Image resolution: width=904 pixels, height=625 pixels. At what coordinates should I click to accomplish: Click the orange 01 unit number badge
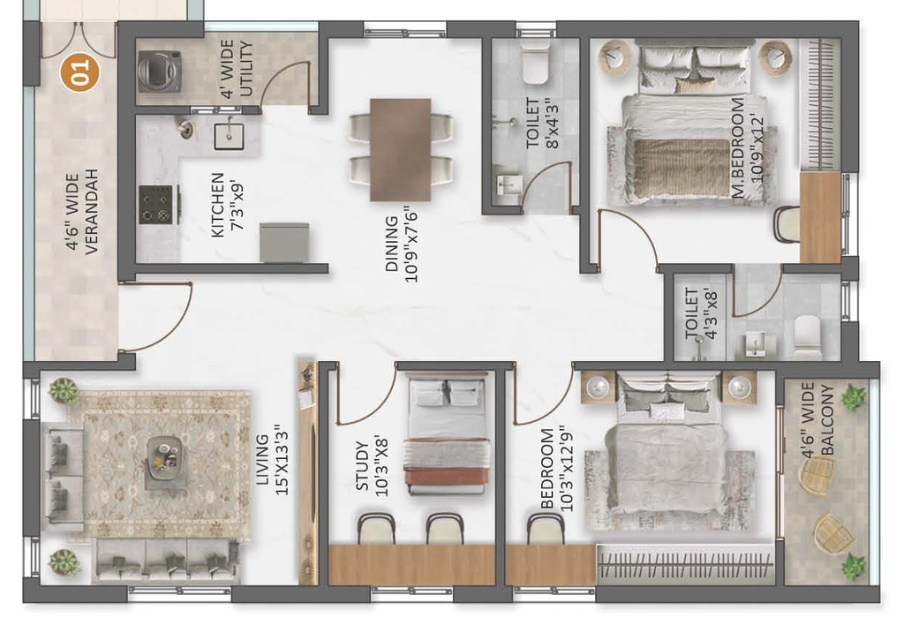pyautogui.click(x=80, y=72)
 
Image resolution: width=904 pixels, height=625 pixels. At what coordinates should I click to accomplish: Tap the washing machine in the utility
pyautogui.click(x=160, y=72)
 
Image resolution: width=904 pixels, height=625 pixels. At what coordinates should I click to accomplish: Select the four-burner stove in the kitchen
pyautogui.click(x=156, y=204)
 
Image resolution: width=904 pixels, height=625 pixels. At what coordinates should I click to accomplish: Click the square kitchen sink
pyautogui.click(x=230, y=135)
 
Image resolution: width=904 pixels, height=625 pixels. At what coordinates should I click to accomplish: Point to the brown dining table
pyautogui.click(x=401, y=150)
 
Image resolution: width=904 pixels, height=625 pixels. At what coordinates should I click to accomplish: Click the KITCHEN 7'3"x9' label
pyautogui.click(x=227, y=205)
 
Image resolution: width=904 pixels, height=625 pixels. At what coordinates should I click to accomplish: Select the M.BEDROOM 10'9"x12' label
pyautogui.click(x=748, y=147)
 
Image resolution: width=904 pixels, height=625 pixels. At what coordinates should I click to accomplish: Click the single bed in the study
pyautogui.click(x=448, y=433)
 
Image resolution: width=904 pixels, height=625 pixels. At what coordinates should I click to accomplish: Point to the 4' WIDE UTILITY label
pyautogui.click(x=237, y=69)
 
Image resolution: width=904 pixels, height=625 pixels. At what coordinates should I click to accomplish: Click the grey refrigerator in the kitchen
pyautogui.click(x=284, y=242)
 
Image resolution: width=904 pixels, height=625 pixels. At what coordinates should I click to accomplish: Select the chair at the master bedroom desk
pyautogui.click(x=787, y=223)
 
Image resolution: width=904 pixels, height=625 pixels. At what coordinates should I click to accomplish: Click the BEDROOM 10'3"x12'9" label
pyautogui.click(x=557, y=469)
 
